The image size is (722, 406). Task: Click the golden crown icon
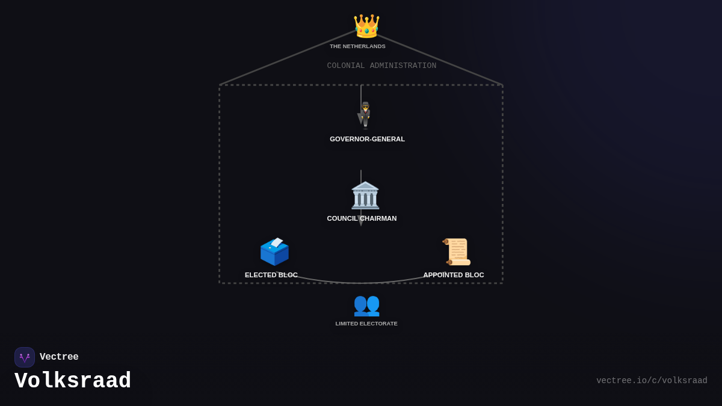pos(366,26)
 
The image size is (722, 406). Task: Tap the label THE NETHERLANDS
pos(357,46)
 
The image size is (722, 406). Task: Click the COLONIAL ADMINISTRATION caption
pos(381,66)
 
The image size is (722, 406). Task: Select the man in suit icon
pos(365,115)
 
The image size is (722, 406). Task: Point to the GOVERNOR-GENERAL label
pos(367,139)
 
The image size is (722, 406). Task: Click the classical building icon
pos(365,195)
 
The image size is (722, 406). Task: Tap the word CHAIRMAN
pos(378,218)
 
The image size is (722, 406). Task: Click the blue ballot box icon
pos(274,251)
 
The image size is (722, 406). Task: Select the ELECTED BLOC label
pos(271,275)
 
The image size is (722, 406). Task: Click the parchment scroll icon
pos(457,251)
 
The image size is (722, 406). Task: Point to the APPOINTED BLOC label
pos(454,275)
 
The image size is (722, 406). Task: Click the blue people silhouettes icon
pos(366,306)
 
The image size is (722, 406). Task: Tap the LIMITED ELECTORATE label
pos(366,324)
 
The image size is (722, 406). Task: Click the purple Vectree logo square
pos(25,357)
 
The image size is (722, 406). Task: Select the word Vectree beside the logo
pos(59,357)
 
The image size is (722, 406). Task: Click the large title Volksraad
pos(73,381)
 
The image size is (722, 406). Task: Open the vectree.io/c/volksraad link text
pos(652,381)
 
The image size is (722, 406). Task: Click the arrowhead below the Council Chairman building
pos(361,221)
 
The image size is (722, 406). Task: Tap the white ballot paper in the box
pos(277,242)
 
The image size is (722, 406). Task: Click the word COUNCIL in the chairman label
pos(342,218)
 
